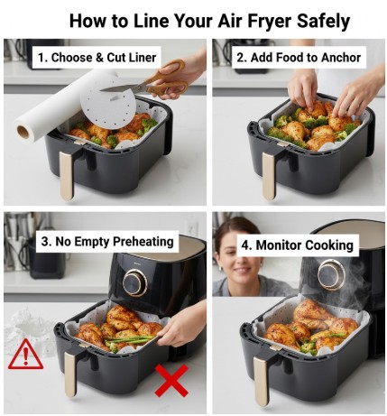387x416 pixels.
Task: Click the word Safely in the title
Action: [x=317, y=20]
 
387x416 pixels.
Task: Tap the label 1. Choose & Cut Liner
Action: [x=97, y=58]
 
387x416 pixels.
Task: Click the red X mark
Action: [x=170, y=383]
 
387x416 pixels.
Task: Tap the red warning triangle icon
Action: [x=25, y=354]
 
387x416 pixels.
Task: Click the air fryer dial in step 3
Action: [x=135, y=282]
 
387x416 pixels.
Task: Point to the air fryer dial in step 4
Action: [x=331, y=274]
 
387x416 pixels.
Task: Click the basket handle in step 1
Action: [x=67, y=175]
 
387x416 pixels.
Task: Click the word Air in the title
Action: [x=232, y=20]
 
